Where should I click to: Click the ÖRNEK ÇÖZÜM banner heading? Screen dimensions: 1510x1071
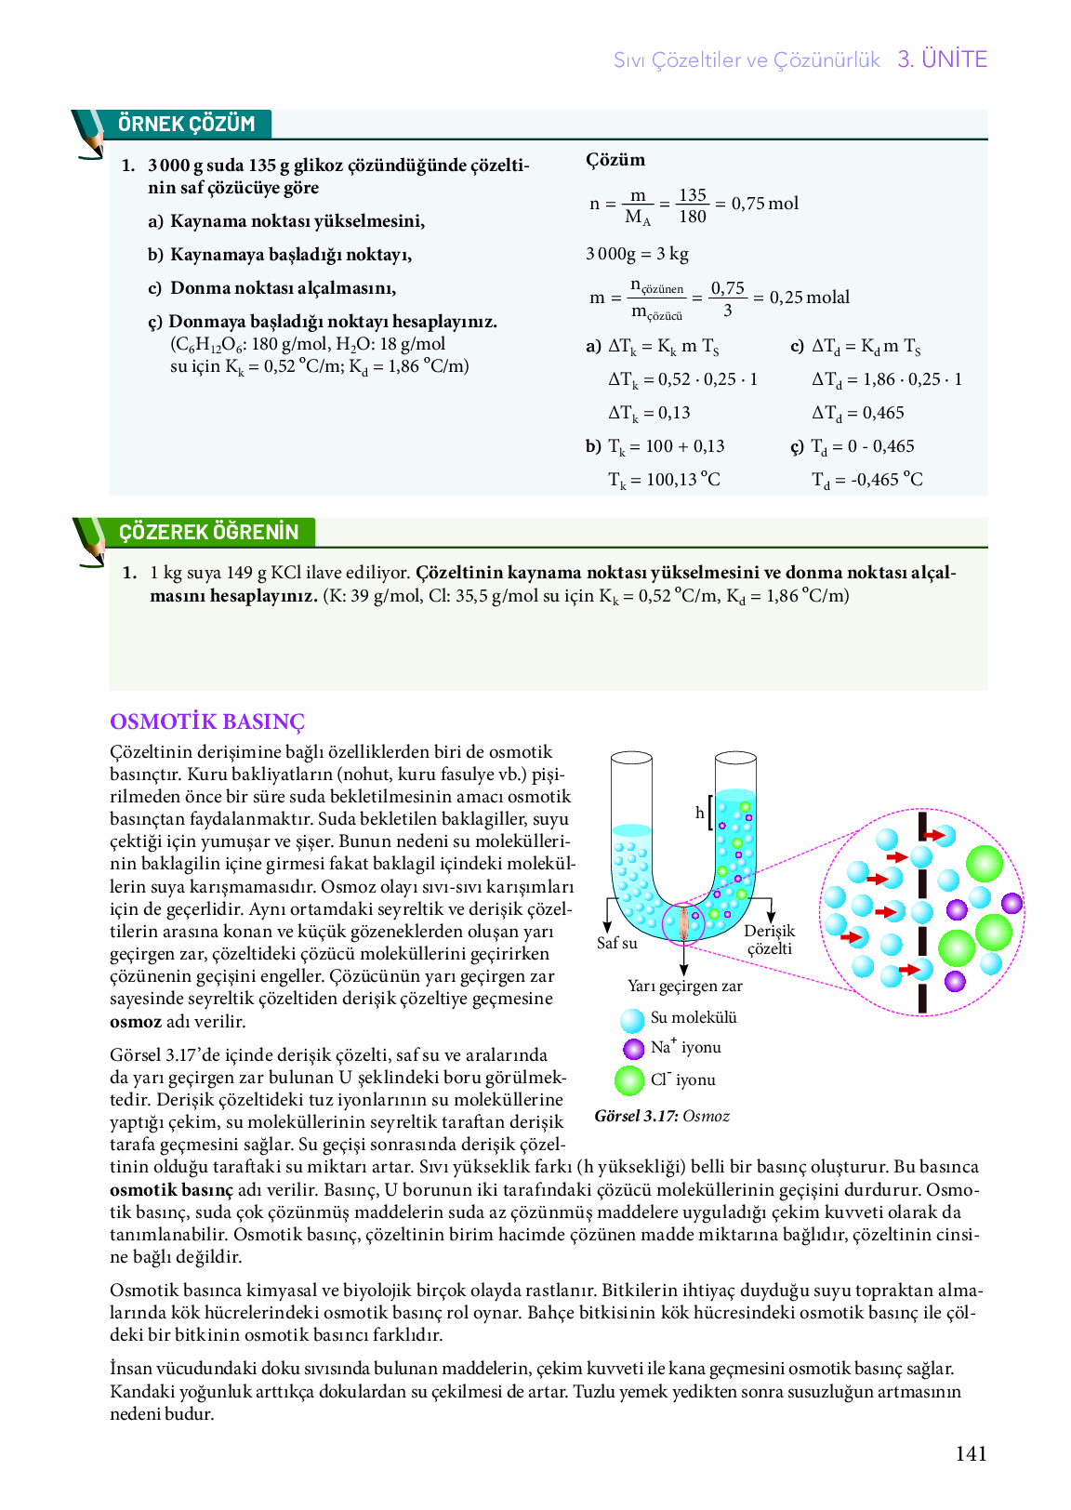[x=186, y=124]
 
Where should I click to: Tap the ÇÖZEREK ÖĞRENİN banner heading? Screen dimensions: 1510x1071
[x=208, y=532]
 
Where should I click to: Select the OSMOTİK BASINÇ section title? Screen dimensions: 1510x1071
[x=207, y=722]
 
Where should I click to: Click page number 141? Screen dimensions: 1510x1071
[x=971, y=1453]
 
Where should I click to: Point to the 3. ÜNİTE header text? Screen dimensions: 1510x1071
[x=942, y=60]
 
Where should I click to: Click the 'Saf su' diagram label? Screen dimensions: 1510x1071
[x=616, y=943]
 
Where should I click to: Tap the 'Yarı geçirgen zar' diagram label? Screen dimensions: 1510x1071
[x=684, y=986]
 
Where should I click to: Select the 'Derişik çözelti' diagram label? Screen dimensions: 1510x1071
[x=769, y=939]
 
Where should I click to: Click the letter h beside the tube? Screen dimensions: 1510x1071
[x=700, y=813]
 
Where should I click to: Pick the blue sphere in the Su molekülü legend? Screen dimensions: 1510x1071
[x=632, y=1020]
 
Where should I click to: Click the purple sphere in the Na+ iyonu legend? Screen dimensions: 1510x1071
[x=633, y=1049]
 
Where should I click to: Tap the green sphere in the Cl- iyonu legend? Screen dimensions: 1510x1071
[x=629, y=1080]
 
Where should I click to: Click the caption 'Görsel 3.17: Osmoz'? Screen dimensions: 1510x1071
[x=662, y=1116]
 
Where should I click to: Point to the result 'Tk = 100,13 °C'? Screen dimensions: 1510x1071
[x=664, y=480]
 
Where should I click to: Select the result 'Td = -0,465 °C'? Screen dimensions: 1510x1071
[x=866, y=480]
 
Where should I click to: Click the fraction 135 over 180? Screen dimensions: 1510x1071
[x=692, y=205]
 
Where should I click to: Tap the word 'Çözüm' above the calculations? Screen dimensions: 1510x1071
[x=615, y=160]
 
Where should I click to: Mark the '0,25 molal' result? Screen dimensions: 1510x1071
[x=809, y=298]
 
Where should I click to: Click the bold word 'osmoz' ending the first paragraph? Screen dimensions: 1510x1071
[x=136, y=1022]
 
